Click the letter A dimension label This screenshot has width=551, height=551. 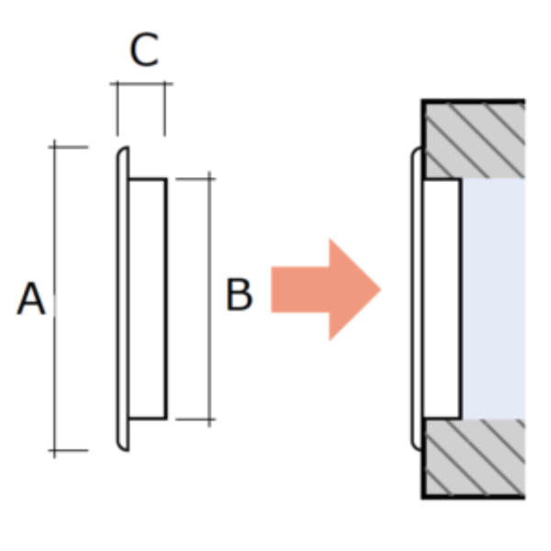tap(31, 298)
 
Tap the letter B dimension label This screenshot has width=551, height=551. tap(239, 295)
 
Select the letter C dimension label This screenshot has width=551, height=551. tap(144, 50)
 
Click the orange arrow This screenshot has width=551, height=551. tap(326, 289)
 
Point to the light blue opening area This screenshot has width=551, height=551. tap(493, 298)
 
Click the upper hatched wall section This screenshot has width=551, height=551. tap(474, 140)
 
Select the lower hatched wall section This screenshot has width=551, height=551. tap(474, 458)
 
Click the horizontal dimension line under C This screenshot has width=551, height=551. tap(141, 84)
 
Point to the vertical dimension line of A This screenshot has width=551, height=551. tap(54, 298)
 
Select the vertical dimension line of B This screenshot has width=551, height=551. tap(209, 299)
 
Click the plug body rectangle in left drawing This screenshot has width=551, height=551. tap(148, 299)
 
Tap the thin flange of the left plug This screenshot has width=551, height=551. tap(123, 298)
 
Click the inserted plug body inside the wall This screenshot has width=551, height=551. tap(442, 299)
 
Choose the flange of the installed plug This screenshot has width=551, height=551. tap(417, 298)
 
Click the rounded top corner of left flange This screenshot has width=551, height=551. tap(120, 151)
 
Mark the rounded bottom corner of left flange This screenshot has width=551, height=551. tap(120, 446)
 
